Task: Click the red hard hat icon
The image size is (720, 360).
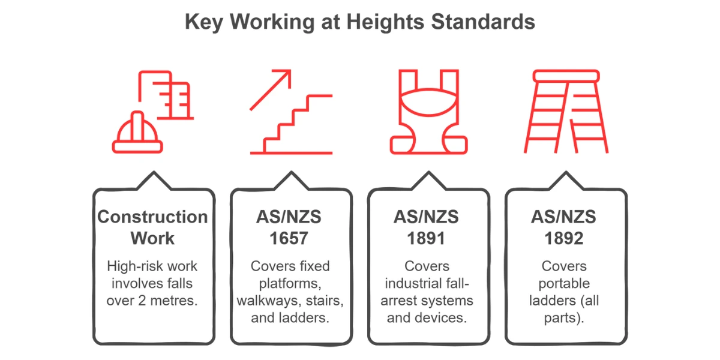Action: click(137, 134)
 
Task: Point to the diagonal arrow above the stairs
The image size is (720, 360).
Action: click(271, 89)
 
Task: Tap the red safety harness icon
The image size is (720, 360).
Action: click(428, 112)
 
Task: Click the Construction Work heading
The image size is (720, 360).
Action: click(152, 227)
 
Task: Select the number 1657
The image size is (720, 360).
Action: click(290, 238)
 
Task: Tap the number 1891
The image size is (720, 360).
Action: click(428, 238)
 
